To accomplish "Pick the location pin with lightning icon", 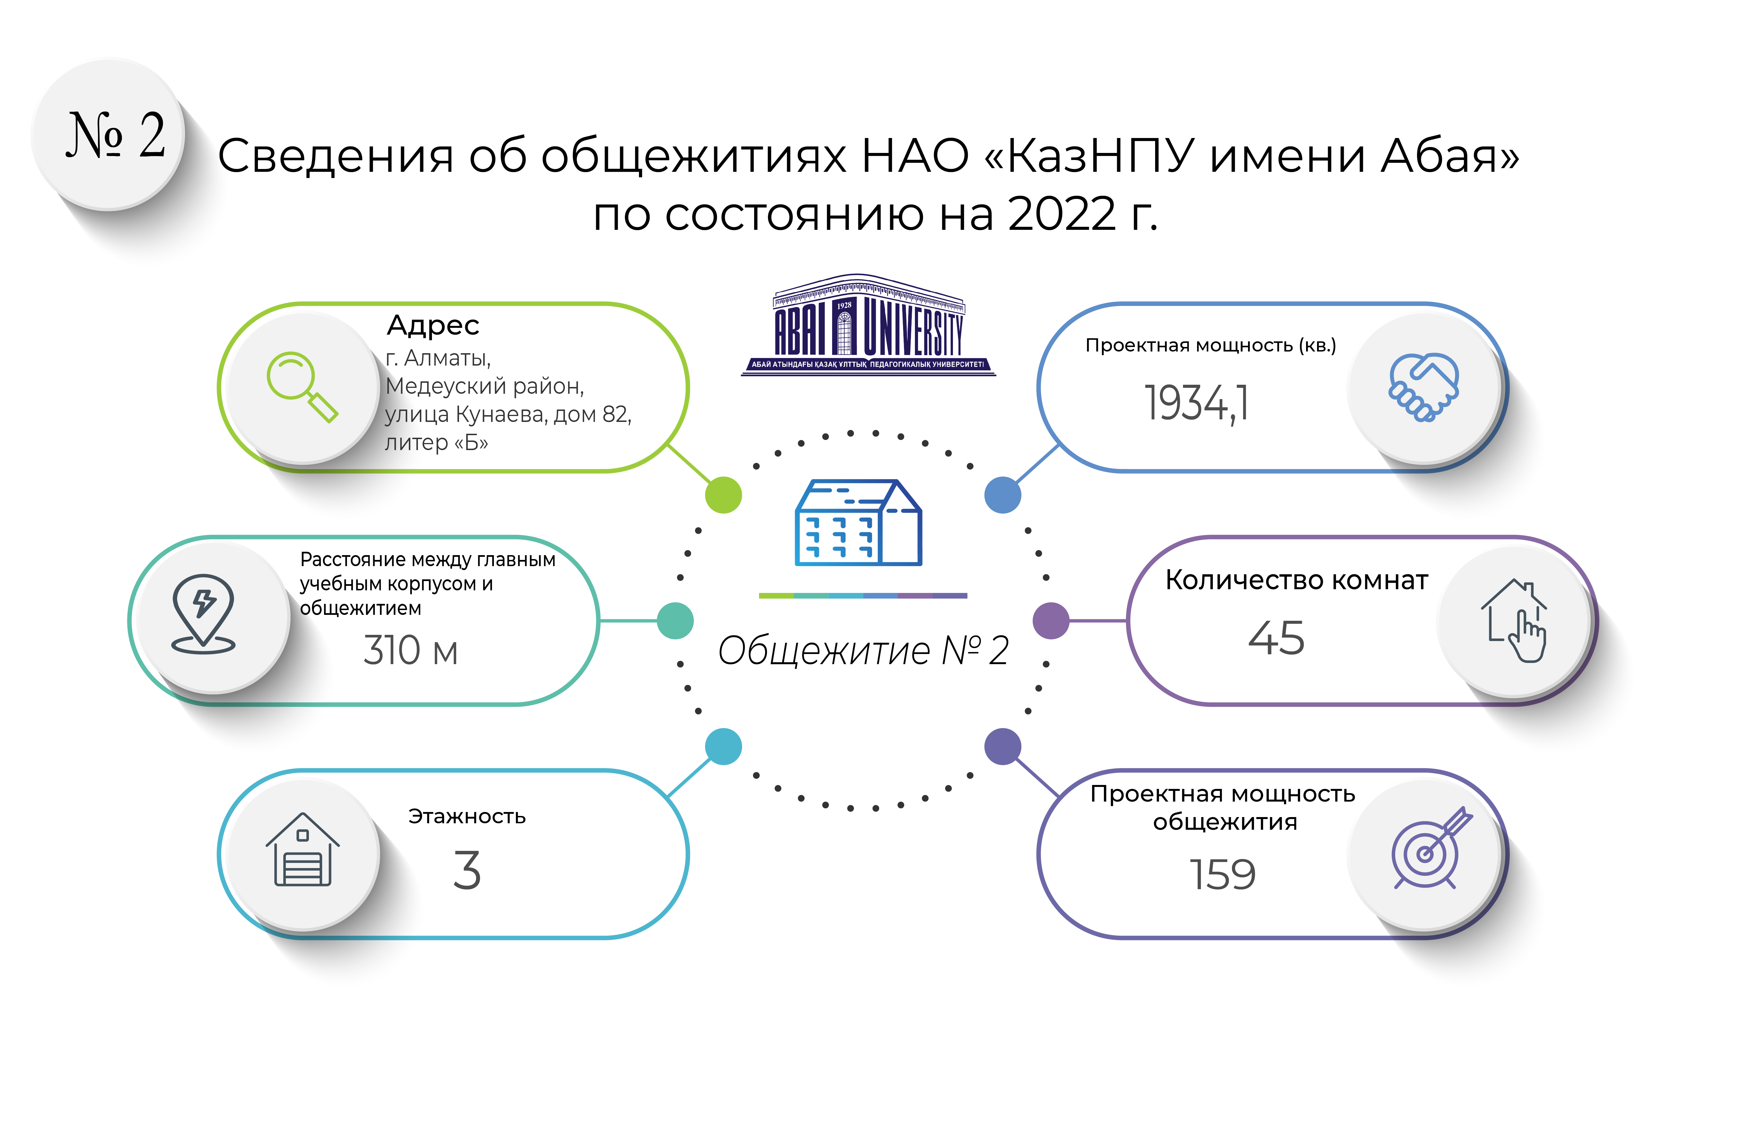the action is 203,614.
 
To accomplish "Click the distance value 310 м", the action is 410,651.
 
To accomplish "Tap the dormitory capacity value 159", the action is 1222,875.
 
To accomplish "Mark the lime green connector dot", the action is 723,495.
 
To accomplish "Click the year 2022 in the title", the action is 1062,215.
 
